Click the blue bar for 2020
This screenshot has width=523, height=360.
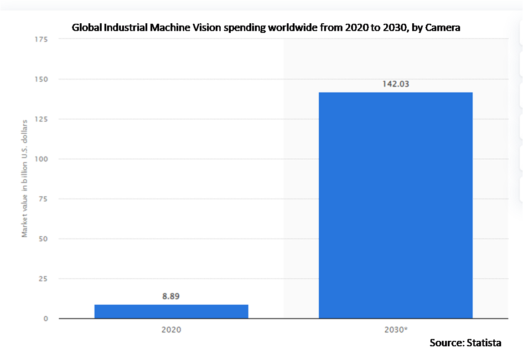[x=171, y=311]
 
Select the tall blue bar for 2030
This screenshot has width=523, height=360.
[x=395, y=205]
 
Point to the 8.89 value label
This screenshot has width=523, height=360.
[x=171, y=297]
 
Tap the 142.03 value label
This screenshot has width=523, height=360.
[x=395, y=84]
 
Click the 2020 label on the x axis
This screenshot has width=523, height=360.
[x=171, y=329]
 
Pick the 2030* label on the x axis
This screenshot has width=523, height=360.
[x=395, y=329]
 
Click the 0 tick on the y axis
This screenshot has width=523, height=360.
[x=46, y=318]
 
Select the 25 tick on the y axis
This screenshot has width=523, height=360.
[x=44, y=279]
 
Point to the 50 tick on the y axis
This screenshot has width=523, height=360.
[x=44, y=239]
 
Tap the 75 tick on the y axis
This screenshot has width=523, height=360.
[x=44, y=199]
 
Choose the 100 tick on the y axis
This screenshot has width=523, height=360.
[x=42, y=159]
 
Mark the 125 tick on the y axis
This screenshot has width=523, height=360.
[x=42, y=119]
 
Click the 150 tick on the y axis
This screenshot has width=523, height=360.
[x=42, y=79]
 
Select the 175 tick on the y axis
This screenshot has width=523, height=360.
[x=42, y=39]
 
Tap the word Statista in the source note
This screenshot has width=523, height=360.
[x=484, y=343]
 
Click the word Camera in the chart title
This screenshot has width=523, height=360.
[x=443, y=28]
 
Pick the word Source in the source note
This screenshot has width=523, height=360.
[x=446, y=343]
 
